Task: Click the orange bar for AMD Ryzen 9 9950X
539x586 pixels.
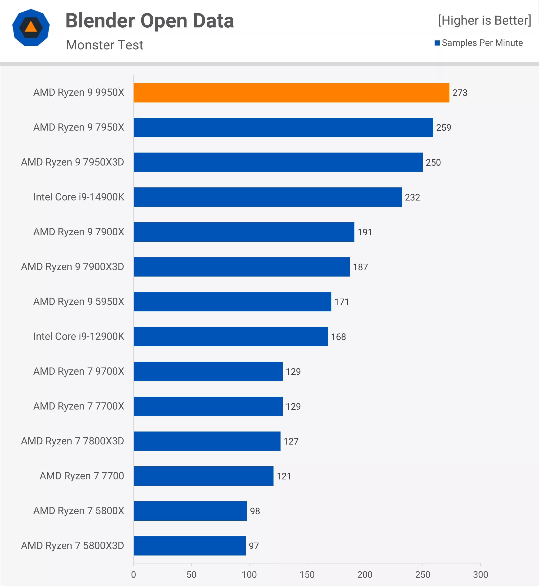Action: pos(291,93)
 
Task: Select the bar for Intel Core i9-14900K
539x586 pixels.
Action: pos(267,197)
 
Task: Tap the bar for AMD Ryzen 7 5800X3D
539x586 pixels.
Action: pos(190,546)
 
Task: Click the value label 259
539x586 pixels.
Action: pos(443,128)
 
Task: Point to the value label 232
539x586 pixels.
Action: pos(412,197)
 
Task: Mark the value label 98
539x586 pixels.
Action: pos(255,511)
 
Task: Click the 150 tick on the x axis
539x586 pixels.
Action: pos(307,575)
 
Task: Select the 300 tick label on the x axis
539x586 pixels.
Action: pos(480,575)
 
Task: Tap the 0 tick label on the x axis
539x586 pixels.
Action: pos(133,575)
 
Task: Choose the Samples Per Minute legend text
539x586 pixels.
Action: pos(482,43)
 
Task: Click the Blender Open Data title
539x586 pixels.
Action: pos(150,21)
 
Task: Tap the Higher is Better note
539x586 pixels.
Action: pos(484,21)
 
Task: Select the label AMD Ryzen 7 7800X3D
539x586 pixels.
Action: pos(73,441)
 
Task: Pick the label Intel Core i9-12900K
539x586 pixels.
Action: pos(79,336)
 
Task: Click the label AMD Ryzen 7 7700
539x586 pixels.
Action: pos(82,476)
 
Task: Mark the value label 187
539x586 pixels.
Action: pos(360,267)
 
